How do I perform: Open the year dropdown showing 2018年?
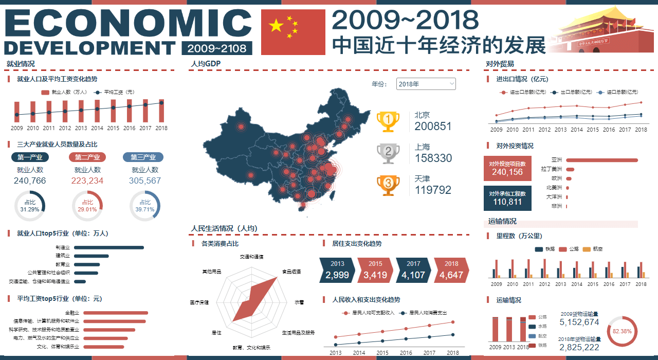click(426, 84)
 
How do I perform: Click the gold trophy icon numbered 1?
click(388, 122)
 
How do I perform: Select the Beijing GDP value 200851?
click(433, 127)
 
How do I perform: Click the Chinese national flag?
click(293, 32)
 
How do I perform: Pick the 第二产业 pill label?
click(87, 157)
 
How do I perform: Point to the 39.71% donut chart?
click(145, 207)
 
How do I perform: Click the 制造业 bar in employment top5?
click(109, 247)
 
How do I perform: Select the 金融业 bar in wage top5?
click(116, 313)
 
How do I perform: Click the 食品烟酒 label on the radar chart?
click(291, 272)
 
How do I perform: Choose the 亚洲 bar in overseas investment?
click(601, 160)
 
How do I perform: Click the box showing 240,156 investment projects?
click(507, 169)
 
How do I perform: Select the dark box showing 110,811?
click(507, 198)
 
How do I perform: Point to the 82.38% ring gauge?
click(622, 331)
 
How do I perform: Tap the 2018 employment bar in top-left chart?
click(161, 111)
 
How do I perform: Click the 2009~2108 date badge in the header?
click(216, 48)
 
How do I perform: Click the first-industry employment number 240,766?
click(30, 181)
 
